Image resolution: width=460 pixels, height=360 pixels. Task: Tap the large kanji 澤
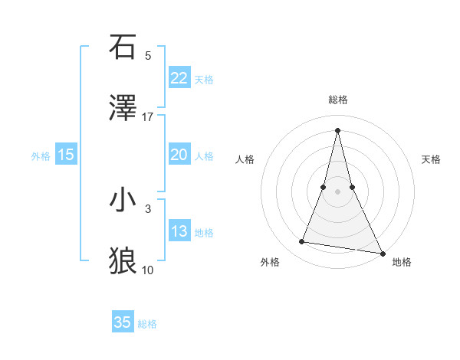click(123, 109)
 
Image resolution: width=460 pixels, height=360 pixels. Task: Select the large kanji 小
click(123, 201)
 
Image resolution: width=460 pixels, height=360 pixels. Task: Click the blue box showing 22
click(179, 78)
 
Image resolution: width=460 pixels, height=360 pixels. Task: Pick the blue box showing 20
click(179, 155)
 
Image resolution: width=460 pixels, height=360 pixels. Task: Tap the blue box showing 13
click(179, 231)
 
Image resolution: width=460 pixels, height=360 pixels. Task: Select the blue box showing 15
click(65, 155)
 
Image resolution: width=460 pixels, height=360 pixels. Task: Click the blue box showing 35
click(123, 322)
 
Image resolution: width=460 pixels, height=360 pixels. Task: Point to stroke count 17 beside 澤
click(148, 117)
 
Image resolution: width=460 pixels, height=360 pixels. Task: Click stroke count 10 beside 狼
click(148, 270)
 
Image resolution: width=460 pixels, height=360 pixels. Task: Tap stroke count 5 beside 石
click(148, 55)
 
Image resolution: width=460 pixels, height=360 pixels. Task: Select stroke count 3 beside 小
click(148, 208)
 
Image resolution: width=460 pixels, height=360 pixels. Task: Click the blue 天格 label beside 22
click(204, 79)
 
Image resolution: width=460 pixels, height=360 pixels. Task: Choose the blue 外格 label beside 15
click(41, 155)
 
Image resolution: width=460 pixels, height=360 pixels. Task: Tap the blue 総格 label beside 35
click(147, 323)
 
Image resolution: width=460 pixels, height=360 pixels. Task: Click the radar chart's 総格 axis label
click(338, 100)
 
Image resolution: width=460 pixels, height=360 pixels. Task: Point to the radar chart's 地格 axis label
click(402, 263)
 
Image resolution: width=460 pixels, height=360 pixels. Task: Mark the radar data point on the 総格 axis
click(338, 129)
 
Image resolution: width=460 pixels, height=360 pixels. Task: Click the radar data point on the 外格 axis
click(302, 242)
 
